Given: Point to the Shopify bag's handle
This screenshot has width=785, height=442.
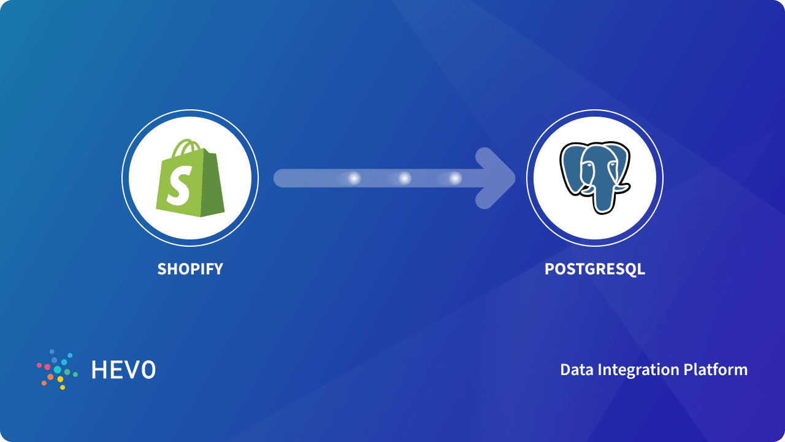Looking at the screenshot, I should click(x=188, y=149).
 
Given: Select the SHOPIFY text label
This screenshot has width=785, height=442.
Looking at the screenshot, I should click(x=190, y=269).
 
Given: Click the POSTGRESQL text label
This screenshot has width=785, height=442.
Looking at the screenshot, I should click(x=595, y=269).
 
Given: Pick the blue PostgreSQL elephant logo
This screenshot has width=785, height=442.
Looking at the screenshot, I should click(x=594, y=178).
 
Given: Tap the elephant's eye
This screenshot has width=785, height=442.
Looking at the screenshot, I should click(x=588, y=166).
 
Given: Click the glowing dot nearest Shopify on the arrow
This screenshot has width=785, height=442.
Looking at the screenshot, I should click(x=354, y=179).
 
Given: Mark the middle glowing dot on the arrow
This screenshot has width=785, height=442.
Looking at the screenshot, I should click(x=405, y=179).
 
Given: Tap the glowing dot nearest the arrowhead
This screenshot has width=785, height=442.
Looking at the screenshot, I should click(x=455, y=179).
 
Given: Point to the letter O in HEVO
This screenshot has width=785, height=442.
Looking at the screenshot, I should click(x=148, y=370).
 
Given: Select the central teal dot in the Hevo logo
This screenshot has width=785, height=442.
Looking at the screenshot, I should click(x=57, y=370).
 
